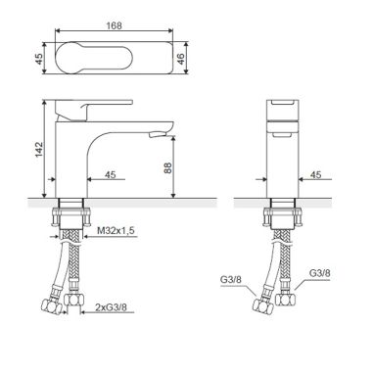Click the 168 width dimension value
click(x=114, y=25)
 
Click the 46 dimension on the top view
click(x=180, y=59)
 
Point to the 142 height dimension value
click(x=39, y=149)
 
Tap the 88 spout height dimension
click(x=167, y=167)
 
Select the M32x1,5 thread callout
click(x=116, y=231)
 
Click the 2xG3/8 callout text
click(x=111, y=307)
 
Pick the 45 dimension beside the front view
click(x=111, y=175)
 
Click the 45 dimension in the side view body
click(x=315, y=175)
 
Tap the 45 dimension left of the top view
click(x=39, y=59)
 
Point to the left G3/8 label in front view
click(x=231, y=280)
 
